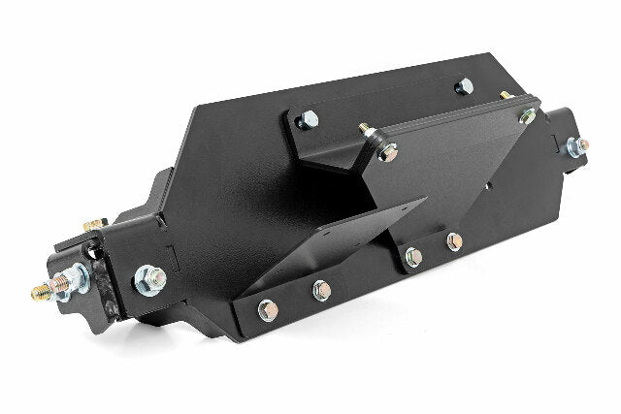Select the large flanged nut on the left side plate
(149, 279)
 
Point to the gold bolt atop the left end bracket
(94, 225)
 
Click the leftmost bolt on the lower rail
(267, 310)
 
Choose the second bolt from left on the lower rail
(321, 289)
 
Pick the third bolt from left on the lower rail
(413, 257)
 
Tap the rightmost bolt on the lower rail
(453, 241)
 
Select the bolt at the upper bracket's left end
(309, 120)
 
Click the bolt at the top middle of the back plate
(464, 86)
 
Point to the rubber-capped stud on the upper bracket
(368, 131)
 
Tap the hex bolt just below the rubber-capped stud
(387, 152)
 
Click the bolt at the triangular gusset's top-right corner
(527, 115)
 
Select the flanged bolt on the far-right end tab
(577, 147)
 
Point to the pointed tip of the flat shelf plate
(424, 201)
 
